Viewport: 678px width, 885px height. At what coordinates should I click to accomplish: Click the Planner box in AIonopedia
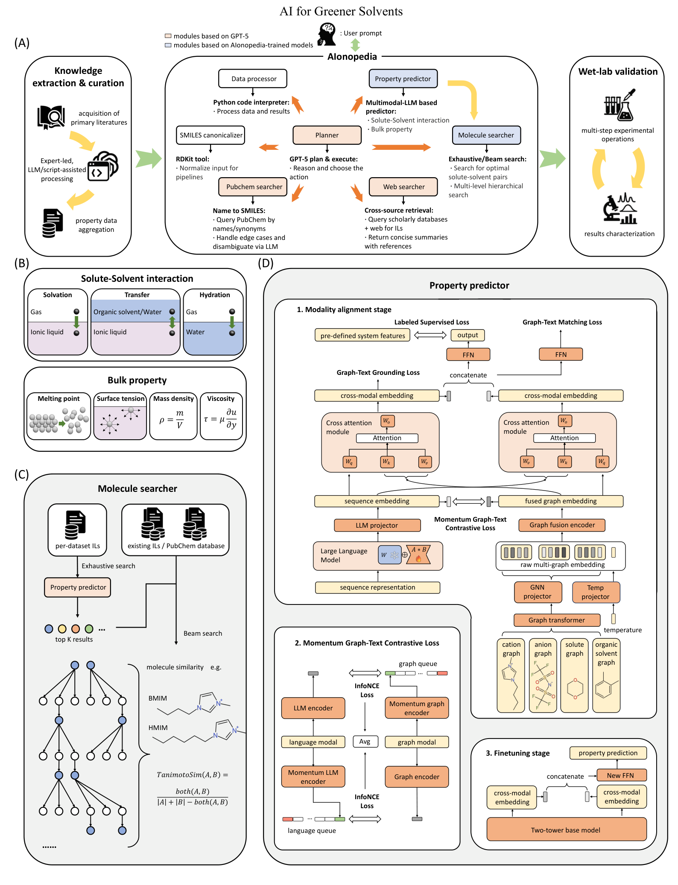coord(327,135)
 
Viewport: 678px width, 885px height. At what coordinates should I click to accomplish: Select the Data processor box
coord(253,79)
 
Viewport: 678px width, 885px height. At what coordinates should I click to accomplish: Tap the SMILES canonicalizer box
coord(210,135)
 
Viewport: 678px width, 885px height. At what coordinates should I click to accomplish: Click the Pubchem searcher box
coord(253,187)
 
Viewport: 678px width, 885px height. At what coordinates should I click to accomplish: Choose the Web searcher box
coord(403,187)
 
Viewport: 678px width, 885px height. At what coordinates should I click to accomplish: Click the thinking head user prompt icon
coord(327,34)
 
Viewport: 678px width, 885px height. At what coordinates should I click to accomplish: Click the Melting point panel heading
coord(58,398)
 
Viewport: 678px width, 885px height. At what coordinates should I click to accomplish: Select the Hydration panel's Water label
coord(195,332)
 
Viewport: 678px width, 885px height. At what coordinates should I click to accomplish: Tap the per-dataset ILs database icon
coord(76,525)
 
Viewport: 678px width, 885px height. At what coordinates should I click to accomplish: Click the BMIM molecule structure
coord(194,704)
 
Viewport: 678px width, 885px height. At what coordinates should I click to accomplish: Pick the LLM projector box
coord(377,525)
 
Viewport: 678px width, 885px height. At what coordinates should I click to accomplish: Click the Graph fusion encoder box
coord(561,525)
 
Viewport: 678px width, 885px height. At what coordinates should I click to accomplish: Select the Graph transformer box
coord(556,620)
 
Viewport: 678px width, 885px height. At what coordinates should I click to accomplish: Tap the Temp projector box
coord(595,592)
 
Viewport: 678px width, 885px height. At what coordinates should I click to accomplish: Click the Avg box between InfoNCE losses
coord(365,742)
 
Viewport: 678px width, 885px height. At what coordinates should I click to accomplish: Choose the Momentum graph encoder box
coord(417,708)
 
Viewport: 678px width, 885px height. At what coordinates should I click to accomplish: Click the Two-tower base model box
coord(566,830)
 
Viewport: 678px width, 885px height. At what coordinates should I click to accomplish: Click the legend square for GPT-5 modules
coord(168,36)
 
